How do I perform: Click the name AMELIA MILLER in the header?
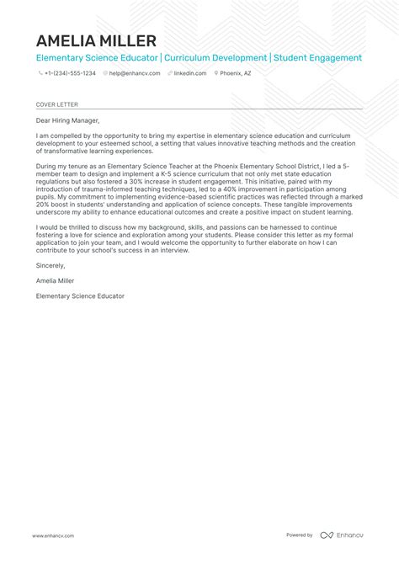[x=96, y=40]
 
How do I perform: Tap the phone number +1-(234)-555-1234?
[x=71, y=73]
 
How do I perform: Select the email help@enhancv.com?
[x=129, y=73]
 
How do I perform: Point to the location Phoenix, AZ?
[x=236, y=73]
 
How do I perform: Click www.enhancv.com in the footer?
[x=53, y=535]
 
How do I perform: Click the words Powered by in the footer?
[x=299, y=535]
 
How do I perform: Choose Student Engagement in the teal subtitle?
[x=317, y=58]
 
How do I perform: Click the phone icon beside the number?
[x=40, y=73]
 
